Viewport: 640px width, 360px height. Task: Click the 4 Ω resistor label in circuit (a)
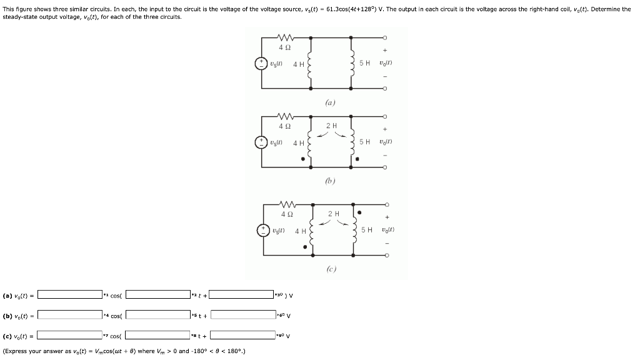pyautogui.click(x=284, y=48)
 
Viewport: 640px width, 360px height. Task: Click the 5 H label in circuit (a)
pyautogui.click(x=365, y=63)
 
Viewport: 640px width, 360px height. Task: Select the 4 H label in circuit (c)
pyautogui.click(x=300, y=231)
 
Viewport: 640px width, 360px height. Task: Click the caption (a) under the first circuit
pyautogui.click(x=331, y=102)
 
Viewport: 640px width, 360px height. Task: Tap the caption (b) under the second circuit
pyautogui.click(x=331, y=182)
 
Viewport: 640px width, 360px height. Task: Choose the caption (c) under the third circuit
pyautogui.click(x=331, y=269)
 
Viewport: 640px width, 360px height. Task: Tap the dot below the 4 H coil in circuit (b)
pyautogui.click(x=304, y=159)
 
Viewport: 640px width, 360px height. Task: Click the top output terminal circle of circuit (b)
pyautogui.click(x=386, y=116)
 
